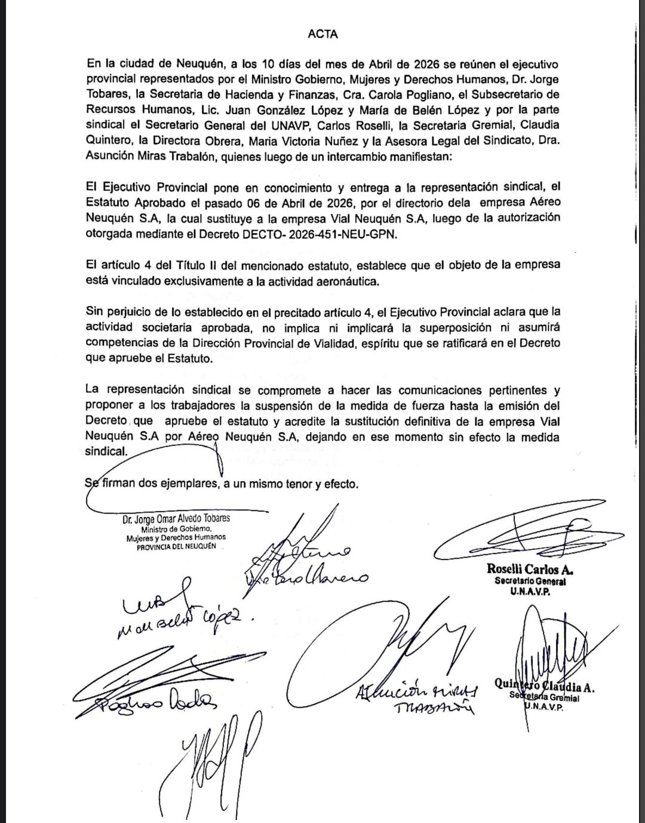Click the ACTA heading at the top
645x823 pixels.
322,34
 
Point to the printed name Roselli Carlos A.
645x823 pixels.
530,570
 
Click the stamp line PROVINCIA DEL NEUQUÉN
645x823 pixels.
176,547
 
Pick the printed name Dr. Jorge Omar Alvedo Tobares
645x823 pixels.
176,519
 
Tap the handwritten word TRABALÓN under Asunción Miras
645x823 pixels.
434,709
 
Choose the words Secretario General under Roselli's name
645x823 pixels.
530,581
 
